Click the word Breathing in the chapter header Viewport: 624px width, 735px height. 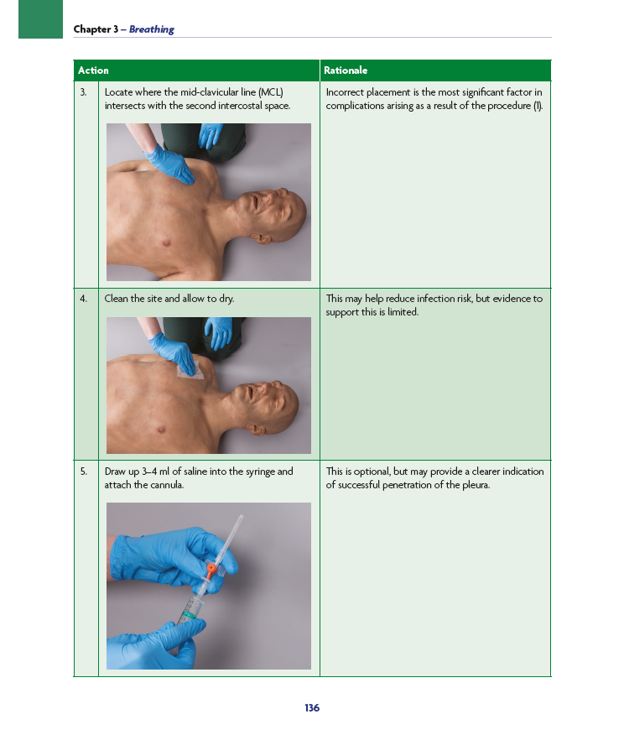tap(151, 29)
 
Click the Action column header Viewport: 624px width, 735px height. tap(93, 70)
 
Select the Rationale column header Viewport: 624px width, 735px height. tap(346, 70)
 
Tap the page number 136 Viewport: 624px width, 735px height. tap(312, 708)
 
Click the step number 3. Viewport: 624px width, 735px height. tap(83, 92)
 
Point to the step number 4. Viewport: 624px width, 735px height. tap(83, 299)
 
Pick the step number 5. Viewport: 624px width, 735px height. tap(83, 472)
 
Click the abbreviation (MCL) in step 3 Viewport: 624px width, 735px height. tap(271, 92)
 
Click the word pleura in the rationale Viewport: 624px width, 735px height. tap(476, 485)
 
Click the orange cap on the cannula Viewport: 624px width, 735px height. tap(211, 570)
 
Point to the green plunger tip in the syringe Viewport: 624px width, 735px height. tap(190, 614)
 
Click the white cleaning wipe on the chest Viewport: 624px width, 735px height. tap(193, 373)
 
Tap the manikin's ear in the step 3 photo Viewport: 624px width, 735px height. tap(263, 238)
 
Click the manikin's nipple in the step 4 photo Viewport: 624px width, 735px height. tap(161, 430)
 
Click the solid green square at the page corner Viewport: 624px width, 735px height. tap(41, 19)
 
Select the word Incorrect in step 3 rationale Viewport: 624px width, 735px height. tap(345, 92)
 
